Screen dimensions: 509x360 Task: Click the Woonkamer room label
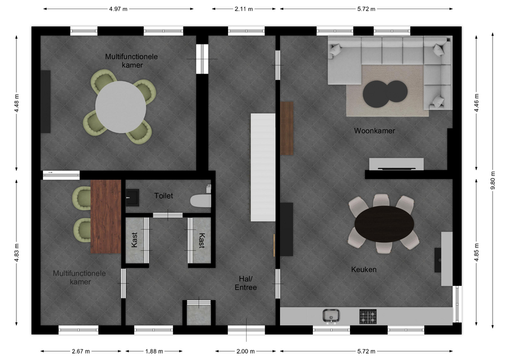tap(374, 131)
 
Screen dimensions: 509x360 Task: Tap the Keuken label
tap(364, 269)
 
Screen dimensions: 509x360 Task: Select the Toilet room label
tap(164, 196)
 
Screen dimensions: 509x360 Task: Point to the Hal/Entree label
tap(245, 283)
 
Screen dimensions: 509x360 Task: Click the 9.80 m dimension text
tap(493, 180)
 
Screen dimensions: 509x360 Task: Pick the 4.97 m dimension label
tap(118, 9)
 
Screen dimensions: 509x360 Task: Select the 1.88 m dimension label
tap(154, 351)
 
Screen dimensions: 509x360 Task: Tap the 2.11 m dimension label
tap(244, 9)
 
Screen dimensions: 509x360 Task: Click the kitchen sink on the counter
tap(331, 316)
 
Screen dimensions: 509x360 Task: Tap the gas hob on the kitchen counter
tap(368, 317)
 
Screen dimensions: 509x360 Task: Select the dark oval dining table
tap(384, 224)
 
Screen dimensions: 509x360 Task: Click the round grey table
tap(121, 107)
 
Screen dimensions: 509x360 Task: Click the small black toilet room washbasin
tap(133, 197)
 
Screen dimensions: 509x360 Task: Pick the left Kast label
tap(135, 240)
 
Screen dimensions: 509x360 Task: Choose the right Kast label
tap(201, 241)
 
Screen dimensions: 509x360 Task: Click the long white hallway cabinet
tap(263, 168)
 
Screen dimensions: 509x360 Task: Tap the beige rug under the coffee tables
tap(387, 91)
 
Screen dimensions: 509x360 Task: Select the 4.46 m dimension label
tap(477, 103)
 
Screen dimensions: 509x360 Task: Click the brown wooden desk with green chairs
tap(106, 216)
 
